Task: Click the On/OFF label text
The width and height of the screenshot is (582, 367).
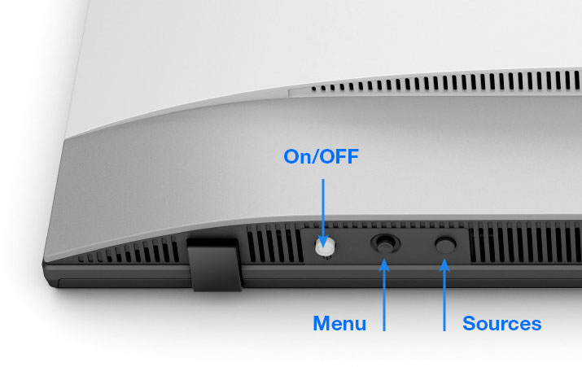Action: pyautogui.click(x=320, y=156)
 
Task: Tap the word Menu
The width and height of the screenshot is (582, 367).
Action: pyautogui.click(x=339, y=324)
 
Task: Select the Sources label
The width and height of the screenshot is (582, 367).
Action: pyautogui.click(x=501, y=324)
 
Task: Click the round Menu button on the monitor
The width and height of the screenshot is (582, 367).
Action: pyautogui.click(x=384, y=243)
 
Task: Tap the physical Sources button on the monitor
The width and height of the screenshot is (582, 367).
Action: pyautogui.click(x=444, y=243)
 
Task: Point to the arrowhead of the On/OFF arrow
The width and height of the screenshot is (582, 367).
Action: pyautogui.click(x=324, y=237)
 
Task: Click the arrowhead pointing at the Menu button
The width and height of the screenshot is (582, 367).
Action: pyautogui.click(x=384, y=262)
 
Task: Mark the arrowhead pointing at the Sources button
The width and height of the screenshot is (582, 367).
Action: pyautogui.click(x=444, y=262)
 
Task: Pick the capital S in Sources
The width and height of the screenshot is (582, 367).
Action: pyautogui.click(x=469, y=324)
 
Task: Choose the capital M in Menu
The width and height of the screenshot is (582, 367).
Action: pyautogui.click(x=321, y=324)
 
